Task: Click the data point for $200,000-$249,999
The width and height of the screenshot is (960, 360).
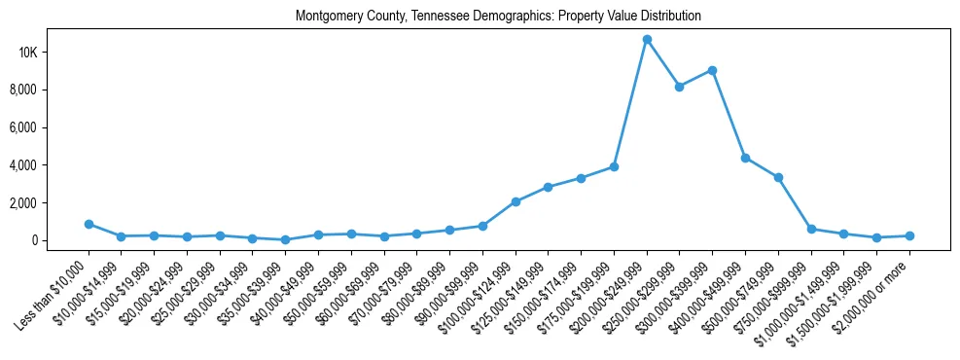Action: click(647, 39)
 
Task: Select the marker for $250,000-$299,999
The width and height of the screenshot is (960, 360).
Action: click(680, 87)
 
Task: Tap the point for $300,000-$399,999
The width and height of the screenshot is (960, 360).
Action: click(713, 70)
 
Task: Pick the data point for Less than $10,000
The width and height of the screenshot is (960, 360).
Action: click(89, 224)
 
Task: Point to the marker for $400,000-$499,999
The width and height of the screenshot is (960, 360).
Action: click(745, 158)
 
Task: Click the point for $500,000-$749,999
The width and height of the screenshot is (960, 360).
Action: click(778, 177)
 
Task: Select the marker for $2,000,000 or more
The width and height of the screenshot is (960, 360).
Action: click(909, 235)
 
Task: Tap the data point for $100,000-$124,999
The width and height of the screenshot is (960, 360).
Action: click(516, 201)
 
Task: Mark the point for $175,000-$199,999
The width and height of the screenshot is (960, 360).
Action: click(614, 166)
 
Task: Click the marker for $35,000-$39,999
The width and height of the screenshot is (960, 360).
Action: click(285, 239)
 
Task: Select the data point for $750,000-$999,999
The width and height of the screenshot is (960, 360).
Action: click(811, 229)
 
